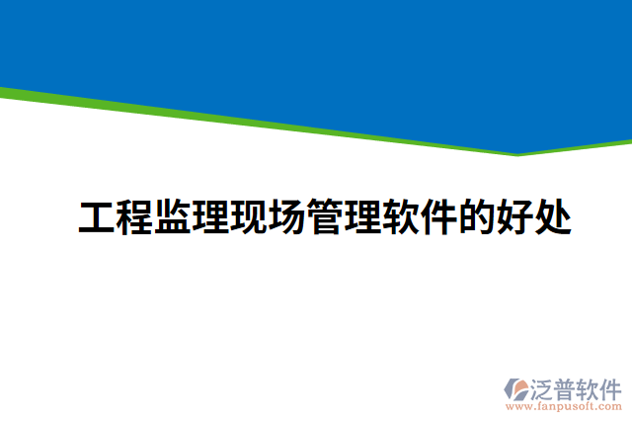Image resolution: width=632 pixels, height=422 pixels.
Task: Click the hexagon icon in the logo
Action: click(x=516, y=389)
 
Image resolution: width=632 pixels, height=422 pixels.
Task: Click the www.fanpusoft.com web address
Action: click(x=564, y=405)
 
